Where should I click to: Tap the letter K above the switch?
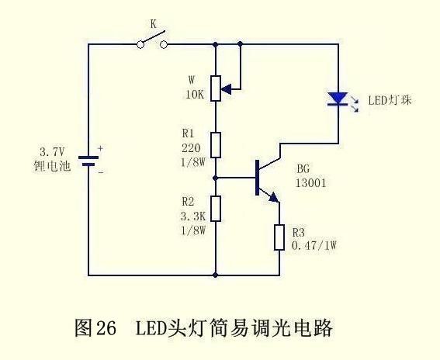tap(153, 25)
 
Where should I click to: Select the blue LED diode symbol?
tap(338, 99)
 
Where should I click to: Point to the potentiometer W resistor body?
tap(217, 88)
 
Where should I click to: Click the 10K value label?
tap(193, 95)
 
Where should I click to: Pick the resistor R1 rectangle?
tap(217, 144)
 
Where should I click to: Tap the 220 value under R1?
tap(191, 147)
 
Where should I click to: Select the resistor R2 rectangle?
tap(217, 208)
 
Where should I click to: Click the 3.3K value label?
tap(192, 218)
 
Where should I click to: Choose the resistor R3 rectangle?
tap(279, 237)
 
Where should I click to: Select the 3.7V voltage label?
tap(54, 151)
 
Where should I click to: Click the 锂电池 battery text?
tap(54, 165)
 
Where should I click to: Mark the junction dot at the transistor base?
tap(217, 178)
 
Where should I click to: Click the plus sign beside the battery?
tap(99, 148)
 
